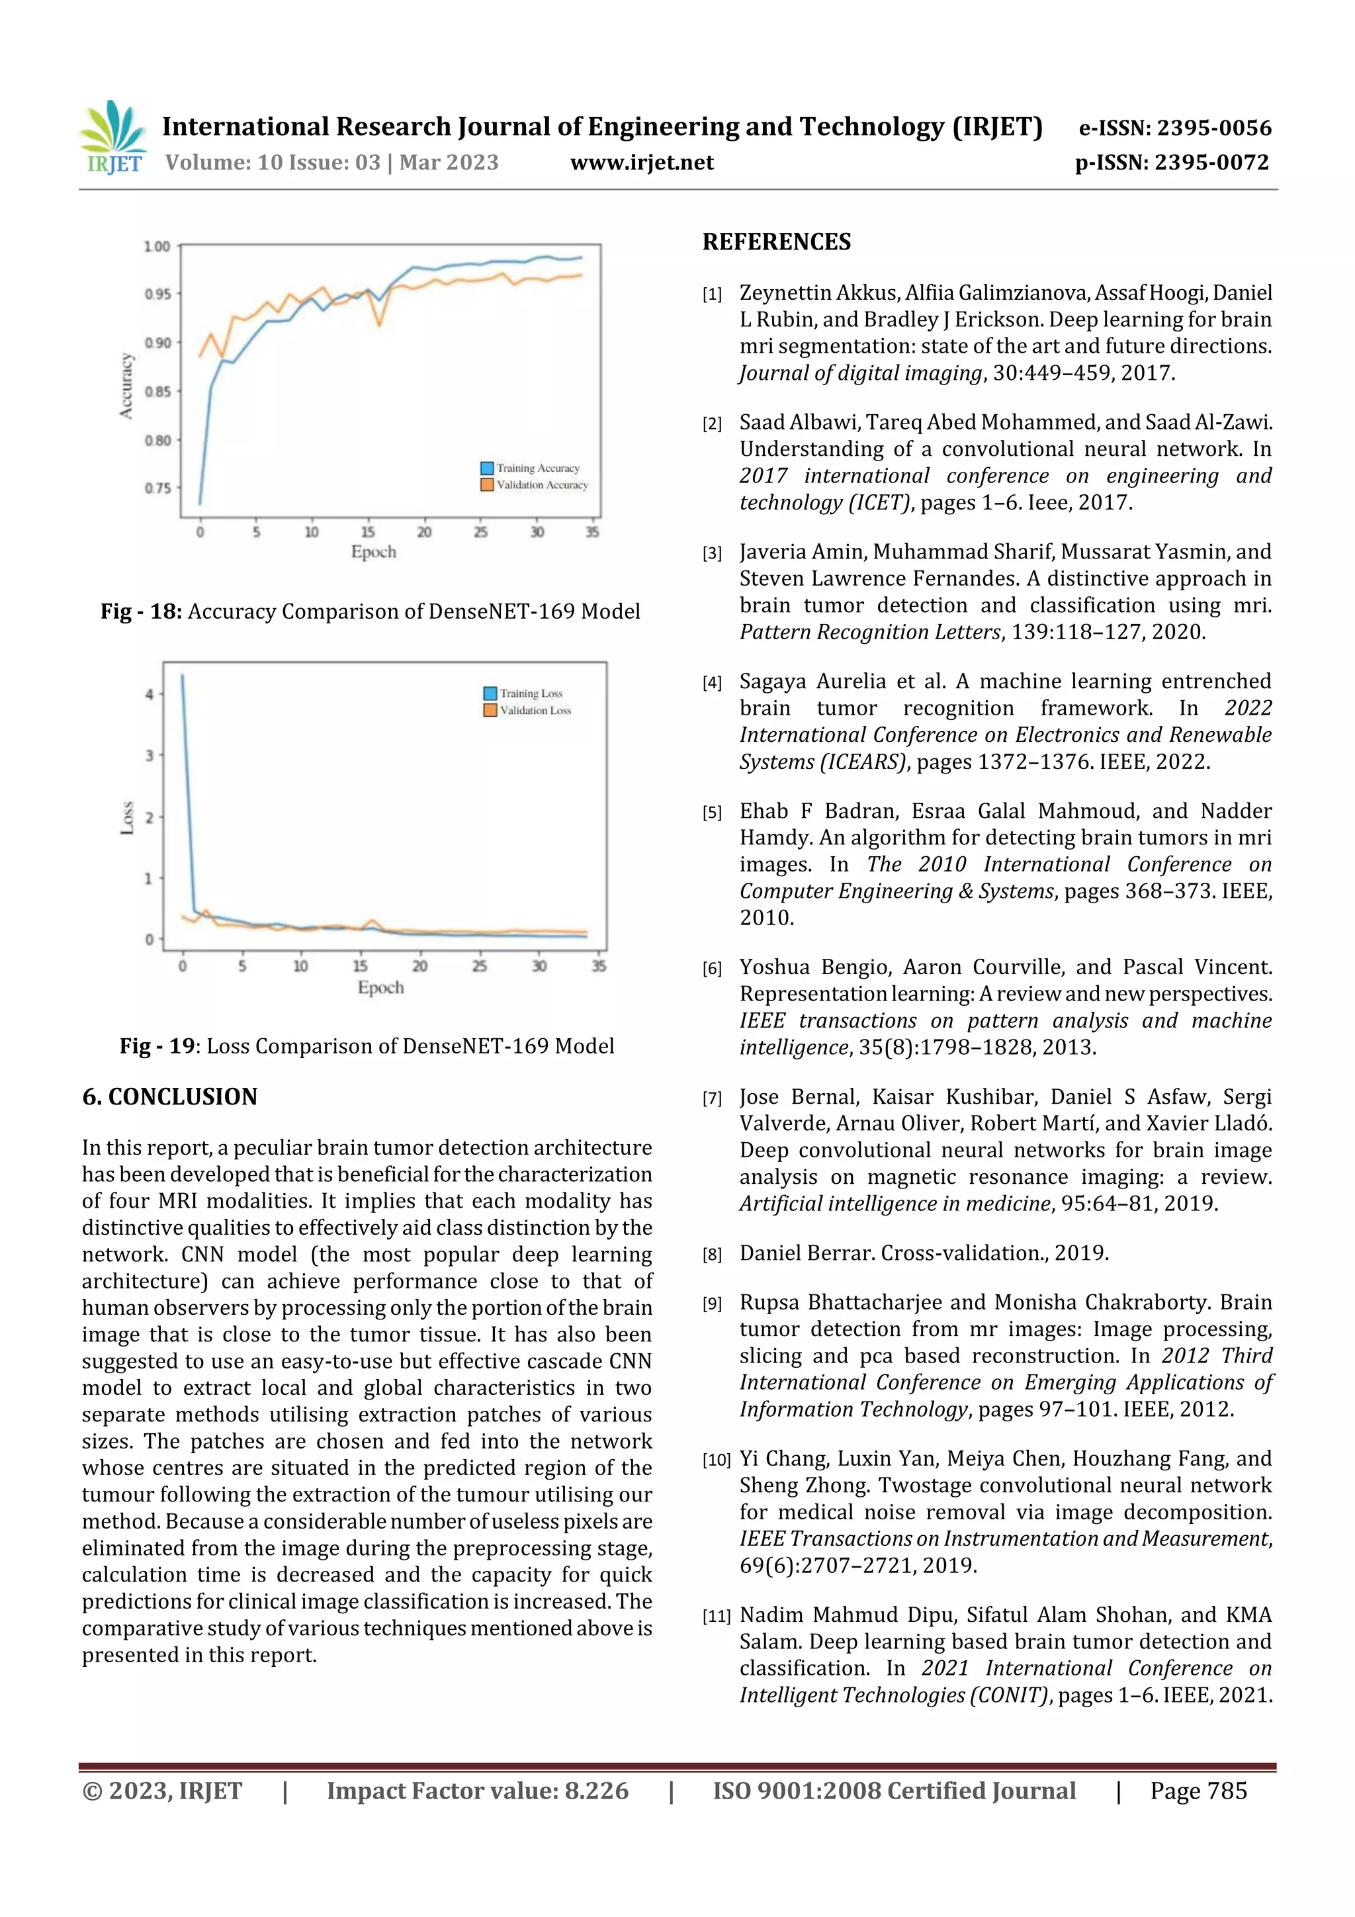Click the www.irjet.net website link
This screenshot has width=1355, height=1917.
[x=641, y=163]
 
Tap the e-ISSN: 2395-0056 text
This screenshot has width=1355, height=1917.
[x=1174, y=128]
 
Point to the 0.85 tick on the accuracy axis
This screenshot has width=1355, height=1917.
[x=157, y=392]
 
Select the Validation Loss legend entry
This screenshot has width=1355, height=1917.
[x=535, y=711]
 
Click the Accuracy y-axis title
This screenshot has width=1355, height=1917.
[x=126, y=386]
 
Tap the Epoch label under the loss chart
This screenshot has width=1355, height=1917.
[x=380, y=988]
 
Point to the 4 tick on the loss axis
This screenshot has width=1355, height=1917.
[x=150, y=694]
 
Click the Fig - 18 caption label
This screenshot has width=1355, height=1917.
[x=141, y=612]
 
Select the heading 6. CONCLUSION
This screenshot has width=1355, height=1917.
[x=169, y=1097]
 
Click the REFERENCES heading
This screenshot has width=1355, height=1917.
[x=777, y=242]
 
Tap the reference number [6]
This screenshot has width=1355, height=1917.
[x=712, y=969]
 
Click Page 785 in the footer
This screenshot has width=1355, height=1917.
[x=1198, y=1791]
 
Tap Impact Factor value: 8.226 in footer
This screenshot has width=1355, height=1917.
[x=477, y=1791]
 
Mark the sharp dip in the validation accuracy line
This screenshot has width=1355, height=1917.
[x=380, y=324]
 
